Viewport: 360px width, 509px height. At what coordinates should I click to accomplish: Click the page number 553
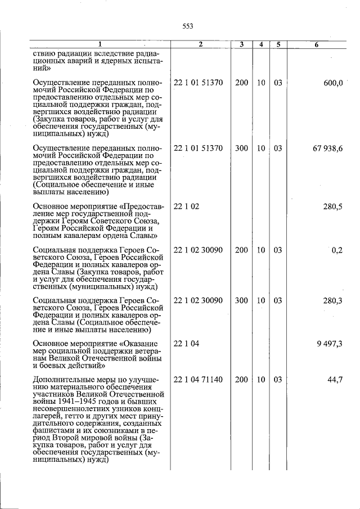(188, 26)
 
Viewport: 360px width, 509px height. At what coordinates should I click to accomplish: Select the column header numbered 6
(317, 45)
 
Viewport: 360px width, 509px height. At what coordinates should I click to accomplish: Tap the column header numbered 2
(200, 45)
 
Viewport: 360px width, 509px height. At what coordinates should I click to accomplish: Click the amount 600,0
(333, 83)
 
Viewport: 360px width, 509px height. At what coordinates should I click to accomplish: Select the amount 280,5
(333, 206)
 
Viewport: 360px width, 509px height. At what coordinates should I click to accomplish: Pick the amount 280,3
(333, 301)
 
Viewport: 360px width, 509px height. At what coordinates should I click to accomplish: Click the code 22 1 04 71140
(198, 380)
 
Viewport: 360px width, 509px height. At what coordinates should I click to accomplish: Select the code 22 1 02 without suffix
(186, 206)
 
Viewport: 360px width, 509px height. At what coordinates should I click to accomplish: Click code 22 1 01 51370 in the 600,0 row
(198, 83)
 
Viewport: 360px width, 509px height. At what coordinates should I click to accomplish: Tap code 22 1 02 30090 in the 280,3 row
(198, 301)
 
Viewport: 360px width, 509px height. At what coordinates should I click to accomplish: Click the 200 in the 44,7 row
(241, 380)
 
